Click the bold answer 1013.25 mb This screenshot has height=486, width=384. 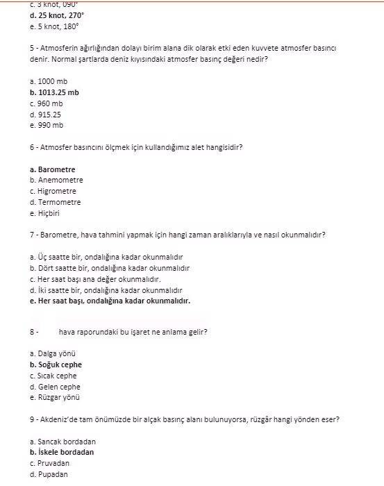pos(54,92)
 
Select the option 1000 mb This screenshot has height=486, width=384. pos(49,81)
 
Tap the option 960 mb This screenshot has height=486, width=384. pos(47,103)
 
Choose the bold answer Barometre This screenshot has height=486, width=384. pos(53,169)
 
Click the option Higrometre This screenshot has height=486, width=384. pos(53,192)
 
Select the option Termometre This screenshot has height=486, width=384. pos(55,203)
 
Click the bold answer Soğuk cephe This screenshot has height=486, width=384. pos(56,364)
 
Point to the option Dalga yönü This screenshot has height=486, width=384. pos(53,353)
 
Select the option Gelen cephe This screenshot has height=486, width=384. pos(55,387)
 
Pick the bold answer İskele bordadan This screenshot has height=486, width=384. pos(62,452)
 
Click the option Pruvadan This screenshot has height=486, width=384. pos(49,463)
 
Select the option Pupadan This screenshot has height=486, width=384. pos(49,474)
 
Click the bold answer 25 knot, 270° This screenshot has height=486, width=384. pos(56,14)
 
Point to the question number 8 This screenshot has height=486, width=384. pos(33,332)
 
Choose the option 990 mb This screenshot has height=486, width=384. pos(47,126)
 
